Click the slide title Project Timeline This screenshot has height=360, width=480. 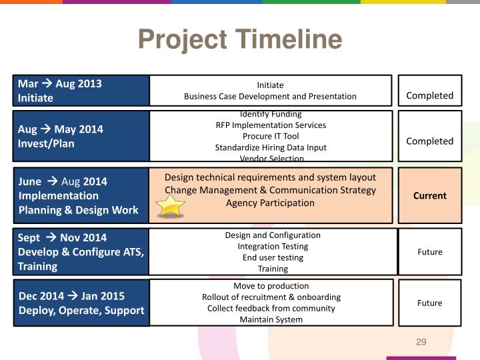pyautogui.click(x=240, y=40)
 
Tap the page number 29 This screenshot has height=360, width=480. pyautogui.click(x=421, y=342)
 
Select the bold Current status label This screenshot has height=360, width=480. pyautogui.click(x=429, y=195)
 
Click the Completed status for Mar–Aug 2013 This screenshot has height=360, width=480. pyautogui.click(x=429, y=95)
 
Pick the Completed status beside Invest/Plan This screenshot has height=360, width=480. pyautogui.click(x=429, y=141)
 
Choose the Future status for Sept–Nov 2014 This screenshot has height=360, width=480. pyautogui.click(x=429, y=251)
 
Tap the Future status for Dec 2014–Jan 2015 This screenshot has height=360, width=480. pyautogui.click(x=429, y=303)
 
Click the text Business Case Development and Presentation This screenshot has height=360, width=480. pyautogui.click(x=270, y=96)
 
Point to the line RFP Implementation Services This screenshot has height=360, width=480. pyautogui.click(x=270, y=125)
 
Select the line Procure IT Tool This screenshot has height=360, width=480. pyautogui.click(x=270, y=136)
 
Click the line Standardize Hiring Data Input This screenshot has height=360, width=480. pyautogui.click(x=270, y=147)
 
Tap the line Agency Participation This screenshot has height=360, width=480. pyautogui.click(x=270, y=203)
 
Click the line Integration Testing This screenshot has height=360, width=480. pyautogui.click(x=273, y=246)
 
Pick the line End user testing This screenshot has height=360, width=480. pyautogui.click(x=273, y=257)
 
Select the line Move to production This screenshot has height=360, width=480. pyautogui.click(x=271, y=285)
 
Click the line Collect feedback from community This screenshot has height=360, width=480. pyautogui.click(x=271, y=308)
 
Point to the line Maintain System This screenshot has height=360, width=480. pyautogui.click(x=271, y=319)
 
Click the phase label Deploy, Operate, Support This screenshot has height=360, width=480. pyautogui.click(x=81, y=310)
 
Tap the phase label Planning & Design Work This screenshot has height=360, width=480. pyautogui.click(x=79, y=210)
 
